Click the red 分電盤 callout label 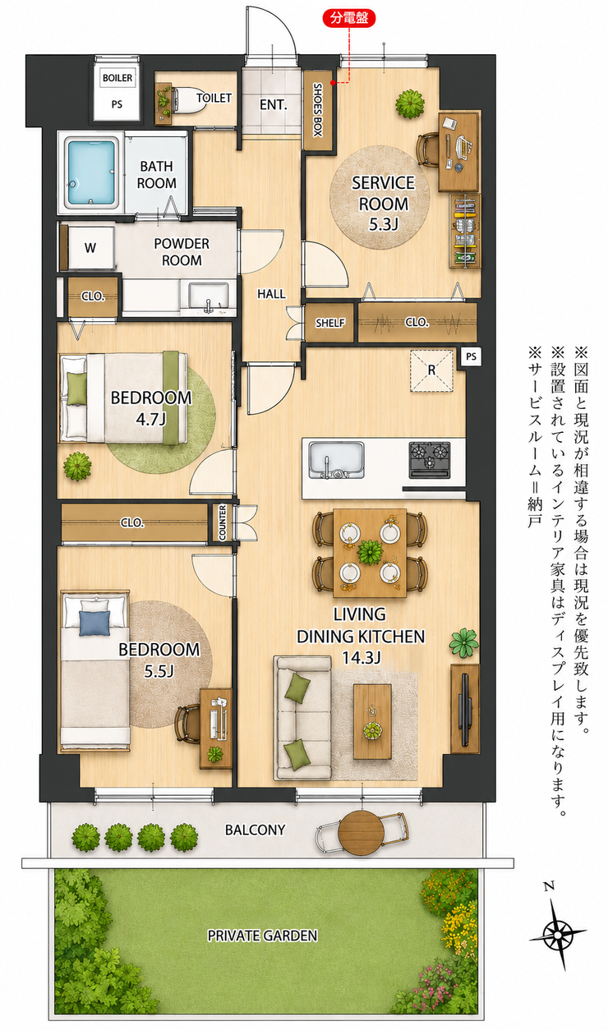tap(349, 18)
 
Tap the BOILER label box tap(117, 78)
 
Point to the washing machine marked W tap(90, 247)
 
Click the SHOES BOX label tap(318, 109)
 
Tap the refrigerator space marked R tap(431, 370)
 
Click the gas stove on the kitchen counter tap(430, 460)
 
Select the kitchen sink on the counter tap(336, 460)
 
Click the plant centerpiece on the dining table tap(370, 552)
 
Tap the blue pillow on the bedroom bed tap(94, 623)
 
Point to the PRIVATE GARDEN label tap(262, 936)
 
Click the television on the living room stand tap(466, 709)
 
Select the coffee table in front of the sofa tap(372, 721)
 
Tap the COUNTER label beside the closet tap(223, 522)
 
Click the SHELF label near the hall tap(329, 323)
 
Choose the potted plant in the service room tap(409, 103)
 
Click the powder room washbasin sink tap(209, 297)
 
